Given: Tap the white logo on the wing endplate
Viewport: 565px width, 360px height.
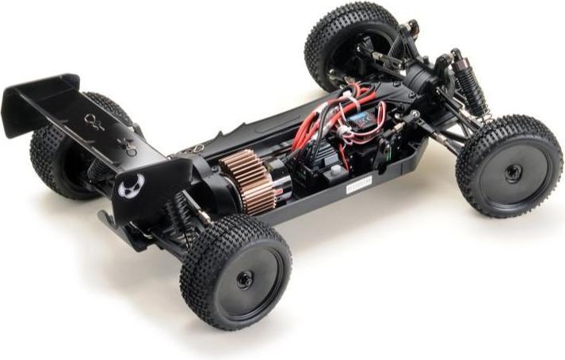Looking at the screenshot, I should [x=132, y=185].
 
